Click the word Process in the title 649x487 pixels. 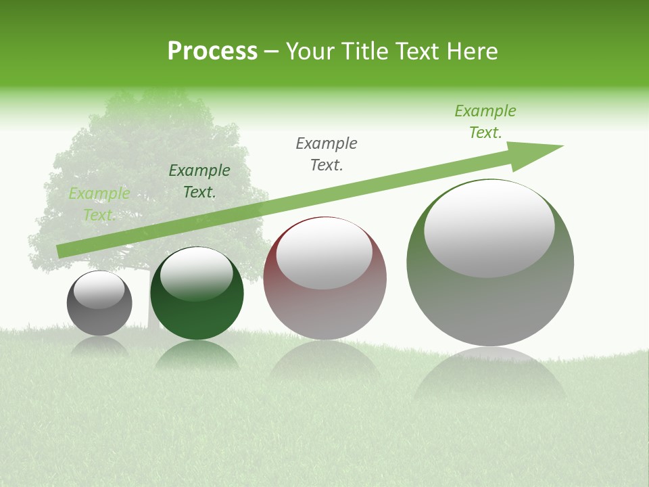[x=212, y=51]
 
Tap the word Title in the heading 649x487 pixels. [x=364, y=51]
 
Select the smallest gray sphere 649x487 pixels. [x=99, y=303]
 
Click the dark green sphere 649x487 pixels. [x=197, y=293]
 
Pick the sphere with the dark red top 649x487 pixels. [x=324, y=279]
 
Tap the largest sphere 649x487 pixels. [x=490, y=262]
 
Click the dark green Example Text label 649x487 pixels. [x=199, y=181]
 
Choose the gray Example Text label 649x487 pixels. [x=327, y=154]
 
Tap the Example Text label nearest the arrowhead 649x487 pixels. [x=485, y=122]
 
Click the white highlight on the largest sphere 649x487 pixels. [x=489, y=229]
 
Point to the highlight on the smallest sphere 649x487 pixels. [x=99, y=290]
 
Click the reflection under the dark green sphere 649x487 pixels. [x=197, y=354]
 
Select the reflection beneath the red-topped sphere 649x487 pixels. [x=324, y=358]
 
